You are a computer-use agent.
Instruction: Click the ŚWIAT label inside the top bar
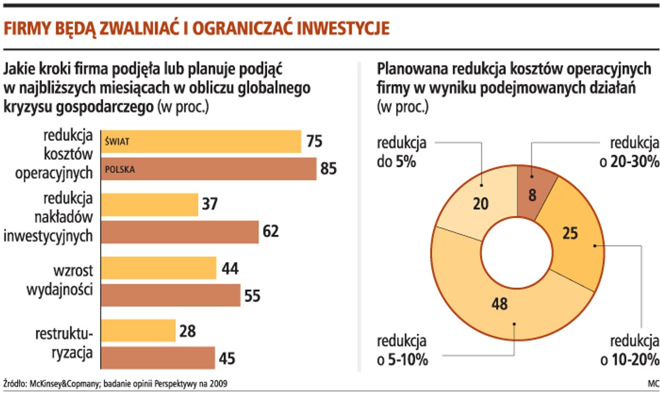pyautogui.click(x=117, y=142)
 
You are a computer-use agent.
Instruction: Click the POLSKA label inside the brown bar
pyautogui.click(x=119, y=170)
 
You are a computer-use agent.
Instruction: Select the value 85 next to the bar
pyautogui.click(x=328, y=169)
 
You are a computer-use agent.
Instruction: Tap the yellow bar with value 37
pyautogui.click(x=150, y=205)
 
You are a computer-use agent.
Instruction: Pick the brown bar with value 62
pyautogui.click(x=180, y=232)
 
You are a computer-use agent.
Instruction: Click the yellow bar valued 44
pyautogui.click(x=159, y=268)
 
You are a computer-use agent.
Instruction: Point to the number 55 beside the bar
pyautogui.click(x=252, y=296)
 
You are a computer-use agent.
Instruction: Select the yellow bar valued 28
pyautogui.click(x=138, y=331)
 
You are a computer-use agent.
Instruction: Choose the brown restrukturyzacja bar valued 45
pyautogui.click(x=158, y=358)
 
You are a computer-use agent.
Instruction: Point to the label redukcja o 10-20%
pyautogui.click(x=630, y=350)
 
